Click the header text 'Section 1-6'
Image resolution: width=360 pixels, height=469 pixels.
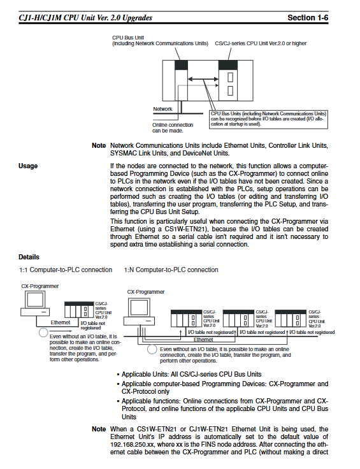308,18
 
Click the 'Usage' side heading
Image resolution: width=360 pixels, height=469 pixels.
28,166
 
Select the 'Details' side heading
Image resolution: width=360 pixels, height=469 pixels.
29,257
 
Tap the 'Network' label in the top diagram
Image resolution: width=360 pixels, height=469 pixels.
162,109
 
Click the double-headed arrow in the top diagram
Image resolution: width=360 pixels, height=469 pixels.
203,79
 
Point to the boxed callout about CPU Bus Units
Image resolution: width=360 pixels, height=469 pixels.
268,119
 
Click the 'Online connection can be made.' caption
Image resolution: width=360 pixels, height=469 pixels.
173,127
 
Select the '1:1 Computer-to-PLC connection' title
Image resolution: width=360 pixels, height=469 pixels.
66,270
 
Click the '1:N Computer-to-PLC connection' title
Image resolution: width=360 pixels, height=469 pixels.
171,270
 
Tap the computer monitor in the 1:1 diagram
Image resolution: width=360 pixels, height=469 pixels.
35,299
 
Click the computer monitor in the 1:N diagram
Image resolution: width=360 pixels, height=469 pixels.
140,308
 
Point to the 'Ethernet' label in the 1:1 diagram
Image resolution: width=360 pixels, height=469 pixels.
61,322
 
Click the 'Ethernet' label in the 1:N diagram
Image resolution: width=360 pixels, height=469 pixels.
203,340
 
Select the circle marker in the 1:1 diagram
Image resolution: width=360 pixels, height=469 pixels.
44,332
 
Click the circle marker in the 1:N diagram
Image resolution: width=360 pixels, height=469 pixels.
152,349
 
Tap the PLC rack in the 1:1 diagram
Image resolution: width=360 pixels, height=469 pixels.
79,310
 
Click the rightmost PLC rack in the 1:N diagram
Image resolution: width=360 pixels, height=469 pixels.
291,319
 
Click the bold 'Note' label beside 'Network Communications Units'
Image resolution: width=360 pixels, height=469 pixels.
99,146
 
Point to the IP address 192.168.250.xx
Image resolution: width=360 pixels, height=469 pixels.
132,445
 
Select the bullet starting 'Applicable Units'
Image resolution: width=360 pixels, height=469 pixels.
189,375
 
